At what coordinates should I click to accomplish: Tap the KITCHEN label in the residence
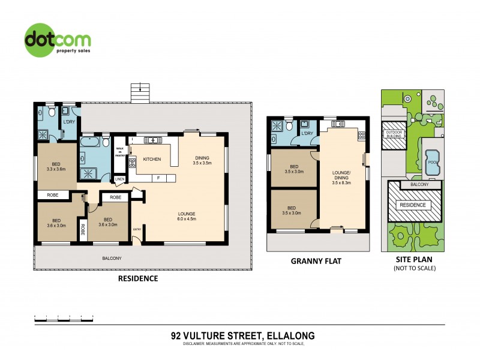[x=151, y=159]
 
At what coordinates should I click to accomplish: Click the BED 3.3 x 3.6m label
[x=55, y=167]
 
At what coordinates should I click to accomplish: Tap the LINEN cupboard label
[x=119, y=179]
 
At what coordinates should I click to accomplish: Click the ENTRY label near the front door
[x=137, y=229]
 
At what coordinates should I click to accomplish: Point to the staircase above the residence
[x=139, y=93]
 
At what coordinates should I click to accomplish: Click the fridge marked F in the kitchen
[x=158, y=178]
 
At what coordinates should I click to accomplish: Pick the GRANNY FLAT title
[x=316, y=262]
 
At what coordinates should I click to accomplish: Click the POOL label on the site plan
[x=431, y=161]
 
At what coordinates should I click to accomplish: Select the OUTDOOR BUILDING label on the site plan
[x=394, y=134]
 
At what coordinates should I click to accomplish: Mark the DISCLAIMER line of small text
[x=239, y=344]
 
